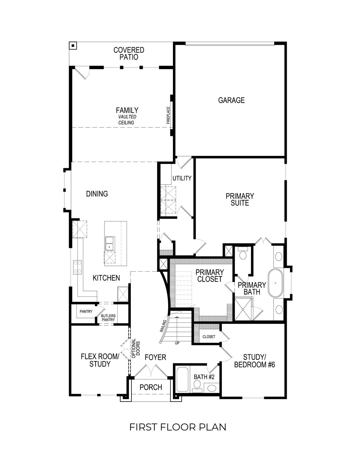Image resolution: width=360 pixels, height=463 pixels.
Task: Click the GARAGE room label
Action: pos(231,100)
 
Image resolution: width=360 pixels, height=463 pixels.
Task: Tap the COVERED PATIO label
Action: pos(129,54)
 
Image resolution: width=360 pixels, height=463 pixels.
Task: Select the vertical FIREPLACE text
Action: pos(168,115)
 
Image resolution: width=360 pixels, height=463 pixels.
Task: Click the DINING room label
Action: pos(97,194)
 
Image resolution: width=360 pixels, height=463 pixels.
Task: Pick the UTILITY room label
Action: pos(182,178)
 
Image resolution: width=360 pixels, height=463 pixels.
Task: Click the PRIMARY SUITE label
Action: pos(239,199)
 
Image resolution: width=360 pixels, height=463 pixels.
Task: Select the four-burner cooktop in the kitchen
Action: pos(78,267)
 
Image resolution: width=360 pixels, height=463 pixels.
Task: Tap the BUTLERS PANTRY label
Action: pos(109,318)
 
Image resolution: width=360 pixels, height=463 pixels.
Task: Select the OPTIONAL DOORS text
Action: pos(135,349)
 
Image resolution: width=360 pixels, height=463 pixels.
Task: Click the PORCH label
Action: pos(151,387)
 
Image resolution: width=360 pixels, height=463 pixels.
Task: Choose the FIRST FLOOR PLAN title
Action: pos(178,427)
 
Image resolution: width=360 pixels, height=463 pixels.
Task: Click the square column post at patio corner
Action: pos(73,46)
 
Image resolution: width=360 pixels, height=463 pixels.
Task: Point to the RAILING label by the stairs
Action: pos(163,326)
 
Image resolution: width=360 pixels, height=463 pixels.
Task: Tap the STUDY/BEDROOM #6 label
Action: pos(254,361)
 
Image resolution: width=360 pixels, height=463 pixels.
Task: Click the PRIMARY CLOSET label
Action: pos(210,276)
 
